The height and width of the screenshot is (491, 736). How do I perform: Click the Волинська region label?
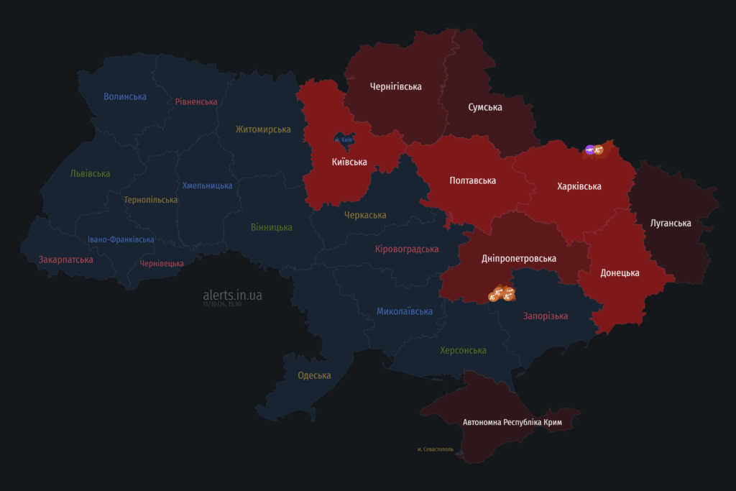coord(125,96)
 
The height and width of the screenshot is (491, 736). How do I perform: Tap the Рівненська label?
coord(196,101)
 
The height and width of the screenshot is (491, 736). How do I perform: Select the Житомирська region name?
coord(263,129)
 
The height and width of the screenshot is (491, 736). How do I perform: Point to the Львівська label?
coord(91,173)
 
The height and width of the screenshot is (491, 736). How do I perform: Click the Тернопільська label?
coord(151,200)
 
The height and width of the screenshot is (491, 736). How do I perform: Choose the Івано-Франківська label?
coord(121,239)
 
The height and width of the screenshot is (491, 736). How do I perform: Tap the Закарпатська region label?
coord(66,260)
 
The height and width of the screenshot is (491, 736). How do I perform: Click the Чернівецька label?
coord(162,264)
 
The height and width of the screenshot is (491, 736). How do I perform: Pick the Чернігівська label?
coord(396,86)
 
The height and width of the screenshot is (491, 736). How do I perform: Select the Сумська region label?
coord(485,107)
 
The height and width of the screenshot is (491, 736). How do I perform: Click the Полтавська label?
coord(473,180)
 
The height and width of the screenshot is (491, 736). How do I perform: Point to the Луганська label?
coord(671,223)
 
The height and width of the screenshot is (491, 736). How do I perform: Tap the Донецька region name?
coord(620,273)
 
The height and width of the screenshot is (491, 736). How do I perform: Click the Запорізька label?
coord(546,316)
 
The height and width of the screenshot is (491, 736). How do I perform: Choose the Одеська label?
coord(314,375)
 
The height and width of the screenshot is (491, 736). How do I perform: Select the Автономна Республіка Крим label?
coord(512,422)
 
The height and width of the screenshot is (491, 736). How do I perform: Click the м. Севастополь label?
coord(436,449)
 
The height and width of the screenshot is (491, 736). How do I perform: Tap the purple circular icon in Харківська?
coord(589,150)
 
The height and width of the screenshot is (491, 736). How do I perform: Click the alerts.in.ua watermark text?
coord(232,295)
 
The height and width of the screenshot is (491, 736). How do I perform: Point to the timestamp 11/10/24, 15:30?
coord(222,304)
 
